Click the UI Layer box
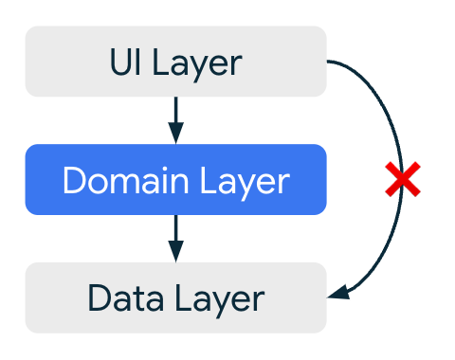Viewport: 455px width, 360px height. tap(175, 62)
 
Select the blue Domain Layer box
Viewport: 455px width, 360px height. tap(175, 179)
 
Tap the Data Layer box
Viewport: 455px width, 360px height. tap(175, 297)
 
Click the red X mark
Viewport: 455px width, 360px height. tap(402, 180)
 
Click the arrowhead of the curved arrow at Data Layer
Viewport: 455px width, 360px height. tap(338, 295)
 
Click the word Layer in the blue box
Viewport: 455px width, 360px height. tap(244, 181)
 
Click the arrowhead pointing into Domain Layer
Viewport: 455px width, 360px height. tap(175, 133)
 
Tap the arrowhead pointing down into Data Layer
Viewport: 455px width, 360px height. tap(175, 251)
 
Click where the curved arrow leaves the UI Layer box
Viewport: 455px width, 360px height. tap(329, 63)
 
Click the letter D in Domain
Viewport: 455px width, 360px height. tap(72, 180)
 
